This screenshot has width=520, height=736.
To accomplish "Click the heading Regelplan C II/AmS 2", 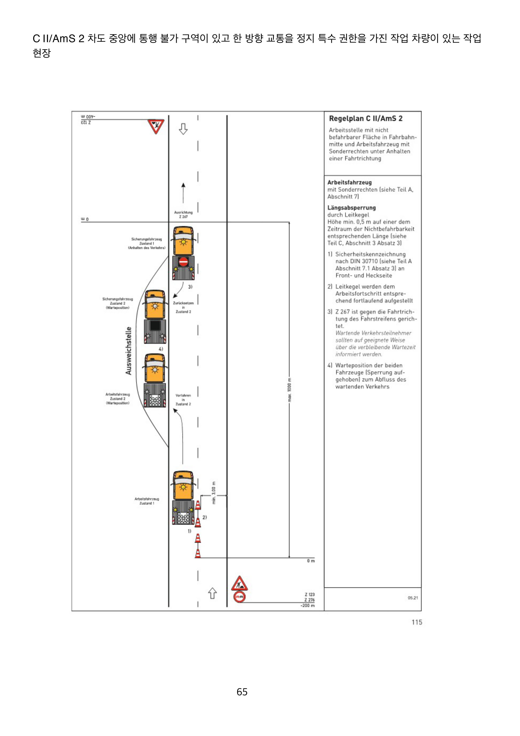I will tap(365, 119).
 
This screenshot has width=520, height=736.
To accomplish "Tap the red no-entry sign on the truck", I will tap(183, 262).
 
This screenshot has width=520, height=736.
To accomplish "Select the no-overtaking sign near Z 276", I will tap(240, 597).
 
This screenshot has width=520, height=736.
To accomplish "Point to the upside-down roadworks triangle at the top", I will tap(156, 126).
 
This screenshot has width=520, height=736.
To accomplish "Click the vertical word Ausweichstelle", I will tap(129, 351).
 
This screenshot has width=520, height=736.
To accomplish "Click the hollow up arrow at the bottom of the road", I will tap(212, 593).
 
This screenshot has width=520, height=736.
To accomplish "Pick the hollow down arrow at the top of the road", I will tap(183, 129).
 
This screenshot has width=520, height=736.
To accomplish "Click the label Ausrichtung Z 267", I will tap(183, 214).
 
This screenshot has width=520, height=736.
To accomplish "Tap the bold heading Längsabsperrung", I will tap(351, 208).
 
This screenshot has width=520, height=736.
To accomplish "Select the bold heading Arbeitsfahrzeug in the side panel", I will tap(350, 182).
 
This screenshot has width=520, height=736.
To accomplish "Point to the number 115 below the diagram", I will tap(417, 622).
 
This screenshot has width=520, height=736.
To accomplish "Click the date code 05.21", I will tap(413, 598).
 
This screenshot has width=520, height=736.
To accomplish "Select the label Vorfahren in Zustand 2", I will tap(183, 400).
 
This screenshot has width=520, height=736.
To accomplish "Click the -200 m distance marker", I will tap(308, 606).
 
